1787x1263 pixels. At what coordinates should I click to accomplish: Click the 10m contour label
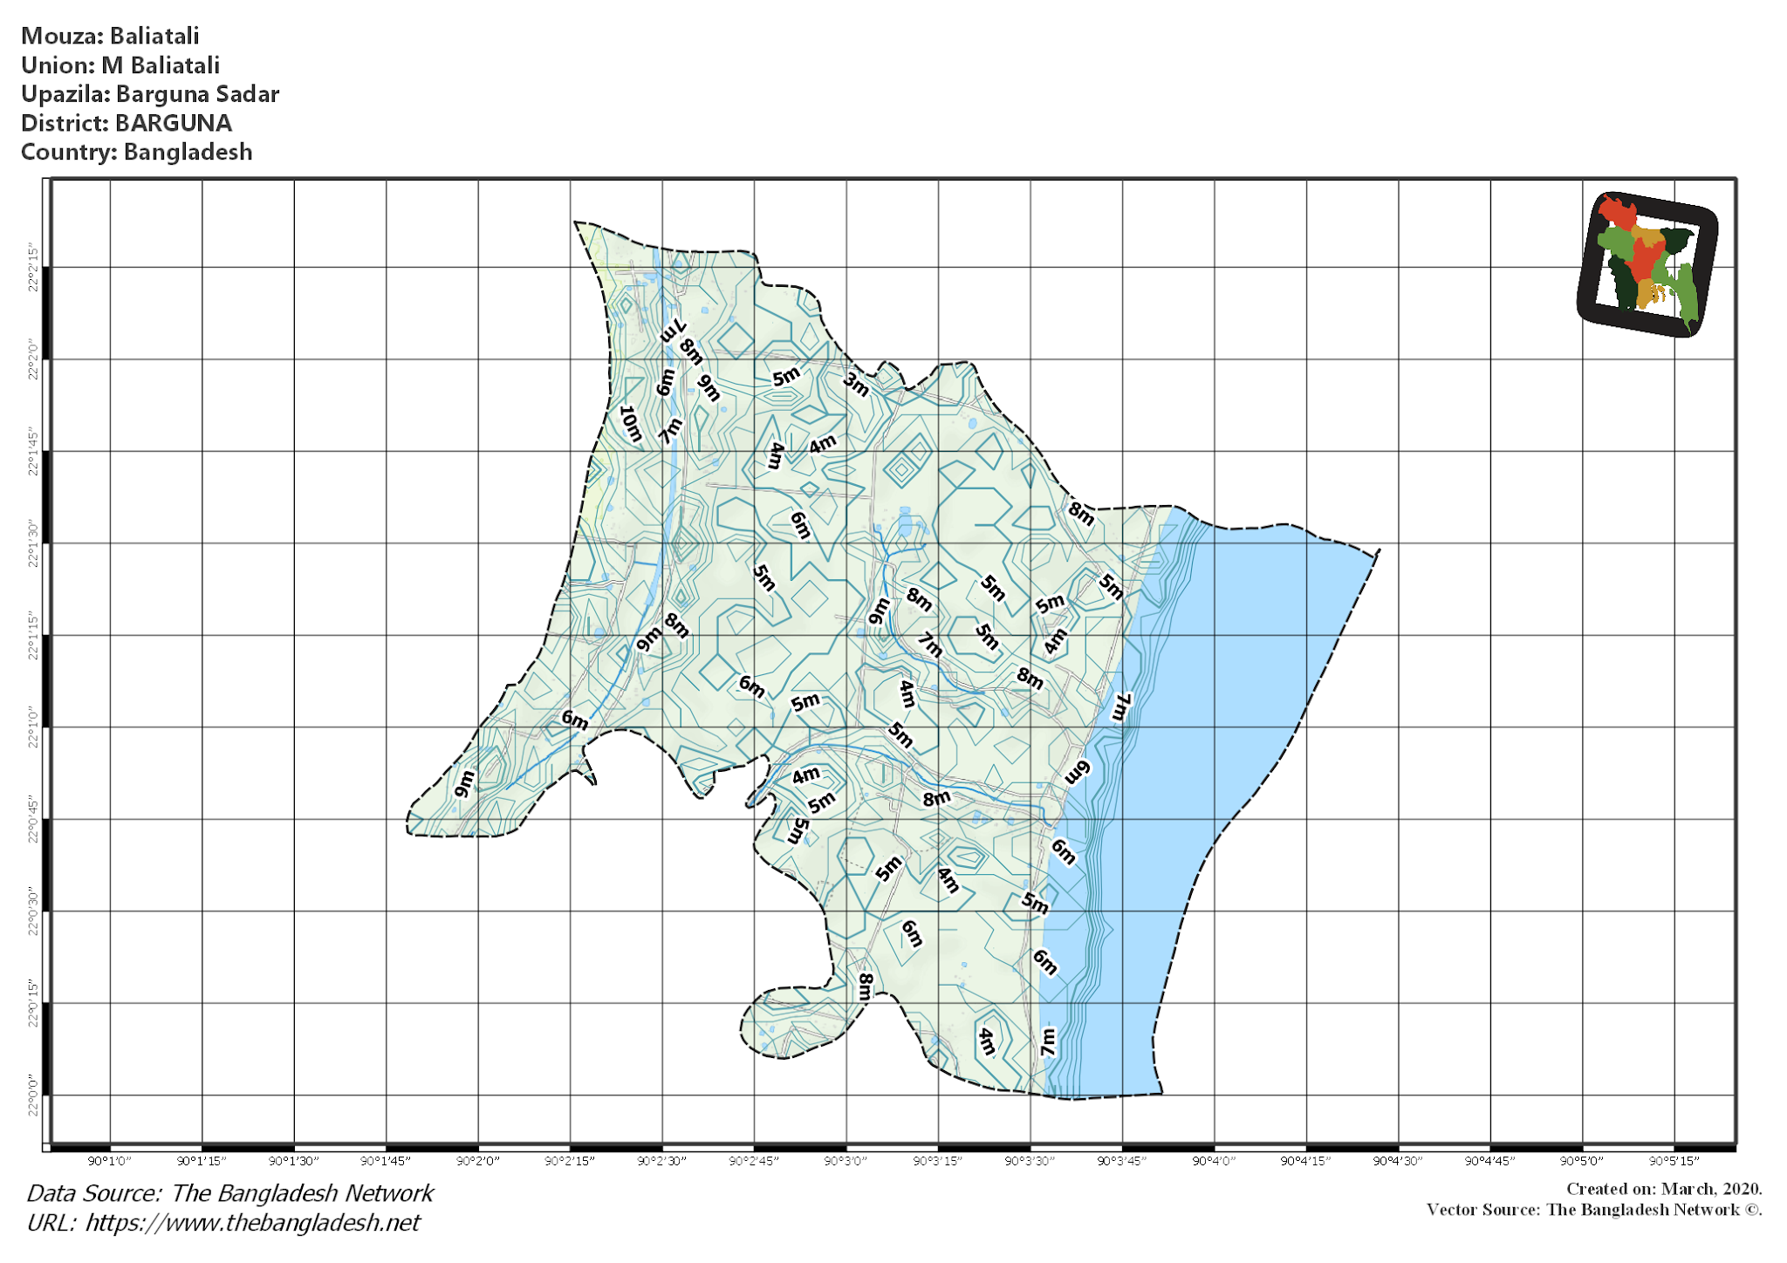click(631, 424)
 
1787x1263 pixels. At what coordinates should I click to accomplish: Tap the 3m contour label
click(856, 384)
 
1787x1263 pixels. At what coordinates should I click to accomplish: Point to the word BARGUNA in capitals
click(174, 123)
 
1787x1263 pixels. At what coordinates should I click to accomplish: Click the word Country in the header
click(67, 152)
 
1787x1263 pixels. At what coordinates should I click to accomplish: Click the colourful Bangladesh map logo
click(1647, 263)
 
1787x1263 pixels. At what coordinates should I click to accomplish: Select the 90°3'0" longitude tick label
click(846, 1161)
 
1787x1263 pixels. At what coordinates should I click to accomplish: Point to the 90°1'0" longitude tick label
click(110, 1161)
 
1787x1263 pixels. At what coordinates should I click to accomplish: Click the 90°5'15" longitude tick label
click(1674, 1161)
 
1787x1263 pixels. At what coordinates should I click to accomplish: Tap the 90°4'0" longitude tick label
click(1214, 1161)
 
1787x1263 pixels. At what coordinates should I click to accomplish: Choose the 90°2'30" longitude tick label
click(661, 1161)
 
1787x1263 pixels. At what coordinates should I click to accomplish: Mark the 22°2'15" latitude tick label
click(33, 268)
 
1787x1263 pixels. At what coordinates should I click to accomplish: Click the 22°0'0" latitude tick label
click(33, 1095)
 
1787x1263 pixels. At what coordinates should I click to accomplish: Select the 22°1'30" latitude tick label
click(33, 543)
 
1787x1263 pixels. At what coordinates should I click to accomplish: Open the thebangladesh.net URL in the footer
click(252, 1223)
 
